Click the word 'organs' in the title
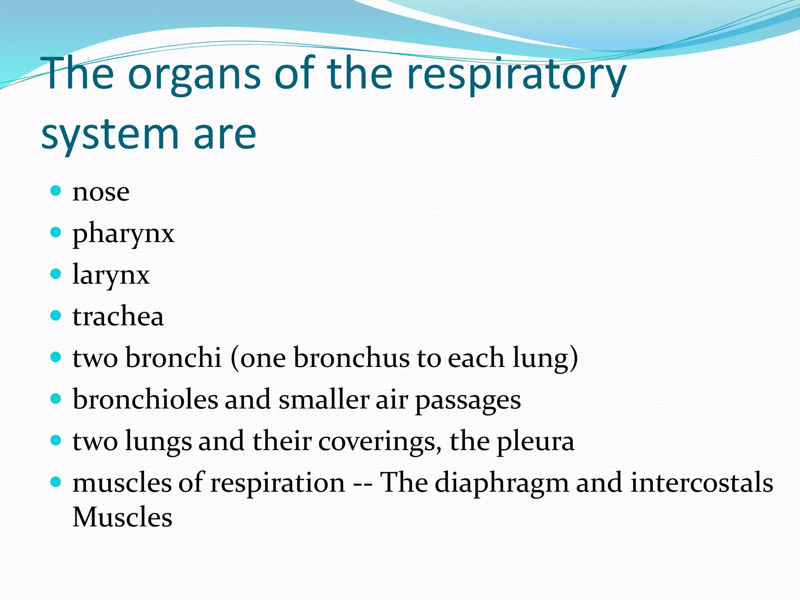pyautogui.click(x=194, y=74)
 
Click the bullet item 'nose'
pyautogui.click(x=101, y=192)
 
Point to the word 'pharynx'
pyautogui.click(x=123, y=234)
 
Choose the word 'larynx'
pyautogui.click(x=111, y=275)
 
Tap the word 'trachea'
pyautogui.click(x=118, y=316)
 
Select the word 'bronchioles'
pyautogui.click(x=145, y=400)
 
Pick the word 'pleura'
pyautogui.click(x=535, y=441)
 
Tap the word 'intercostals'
pyautogui.click(x=702, y=483)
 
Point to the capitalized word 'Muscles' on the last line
pyautogui.click(x=122, y=517)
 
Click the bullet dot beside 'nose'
pyautogui.click(x=56, y=191)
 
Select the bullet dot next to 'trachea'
pyautogui.click(x=56, y=315)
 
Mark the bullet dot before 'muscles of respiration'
pyautogui.click(x=56, y=482)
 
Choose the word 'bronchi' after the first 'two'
pyautogui.click(x=173, y=358)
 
